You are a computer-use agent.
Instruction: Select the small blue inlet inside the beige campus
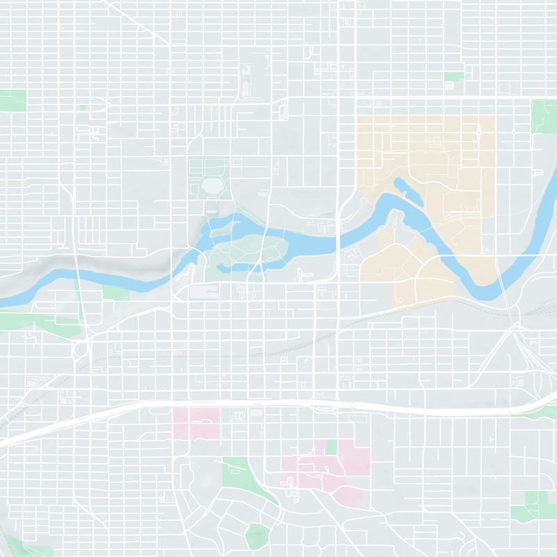click(402, 185)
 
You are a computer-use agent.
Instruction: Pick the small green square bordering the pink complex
click(331, 446)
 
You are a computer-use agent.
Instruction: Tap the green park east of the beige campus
click(544, 116)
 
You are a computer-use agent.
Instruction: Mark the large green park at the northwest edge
click(12, 100)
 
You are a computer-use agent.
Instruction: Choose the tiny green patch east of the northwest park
click(82, 108)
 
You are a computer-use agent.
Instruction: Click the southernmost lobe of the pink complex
click(348, 496)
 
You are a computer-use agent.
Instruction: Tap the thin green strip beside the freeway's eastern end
click(547, 412)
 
